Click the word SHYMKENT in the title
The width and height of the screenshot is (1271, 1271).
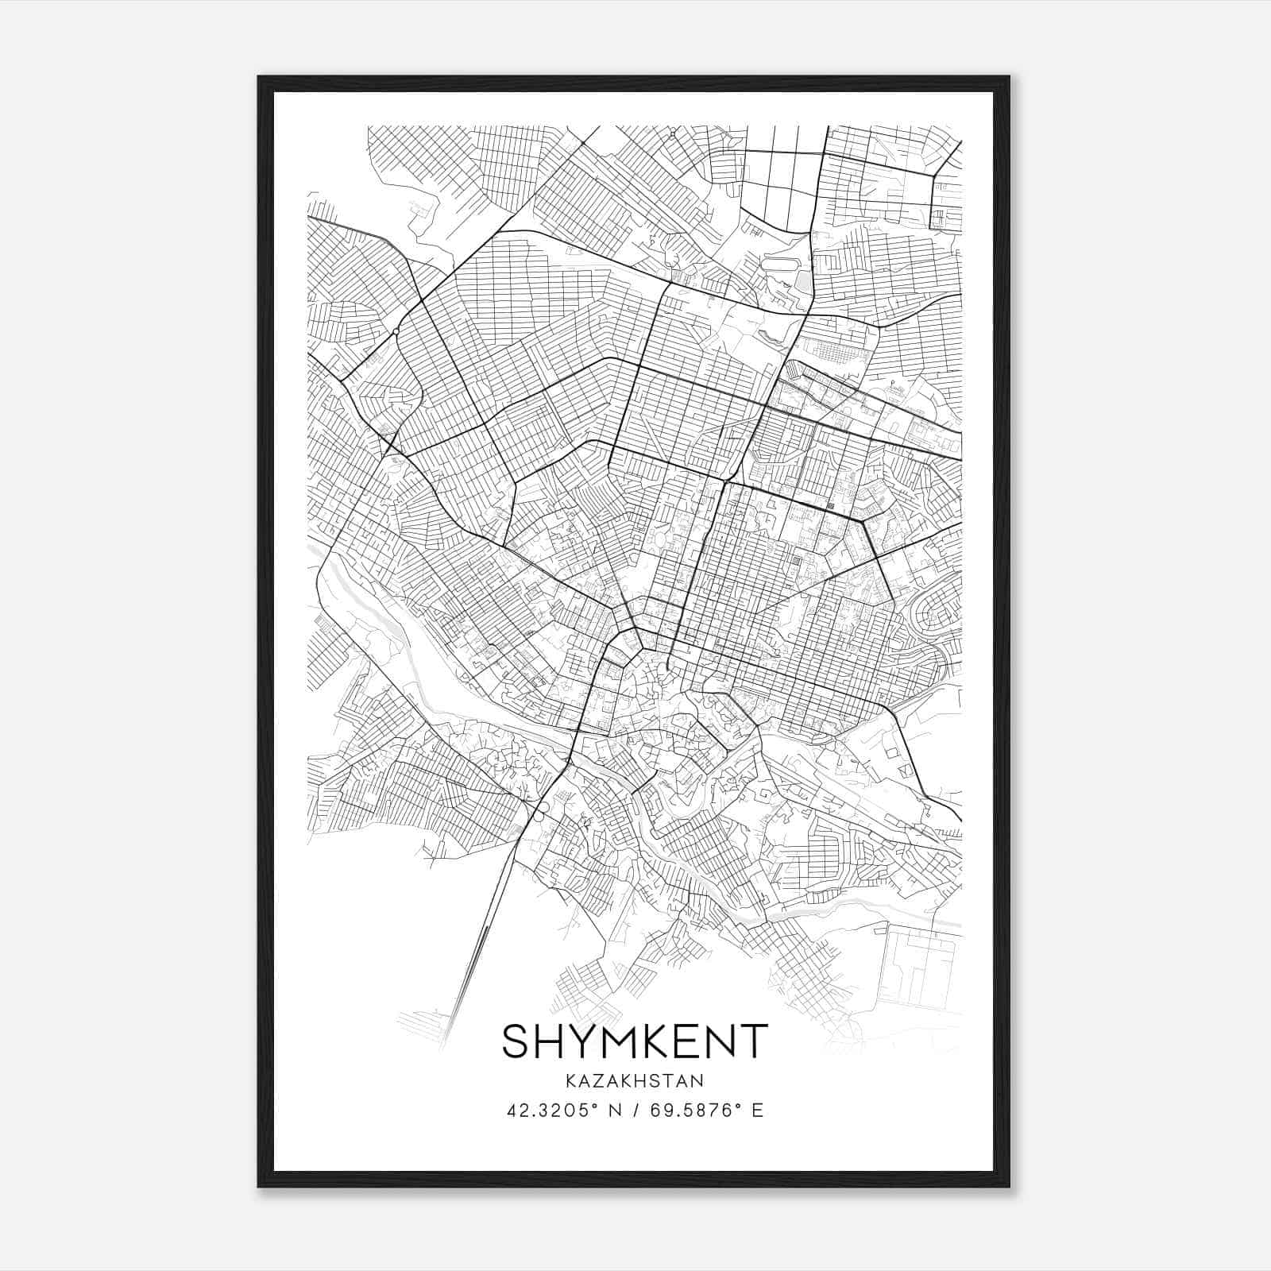[635, 1041]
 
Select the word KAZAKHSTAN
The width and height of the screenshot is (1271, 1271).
[635, 1081]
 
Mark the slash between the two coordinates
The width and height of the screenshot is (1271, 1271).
[635, 1111]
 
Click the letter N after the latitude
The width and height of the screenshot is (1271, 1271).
[615, 1111]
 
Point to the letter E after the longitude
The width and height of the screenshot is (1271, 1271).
[758, 1111]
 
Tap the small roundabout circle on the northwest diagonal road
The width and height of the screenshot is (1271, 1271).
[395, 331]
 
